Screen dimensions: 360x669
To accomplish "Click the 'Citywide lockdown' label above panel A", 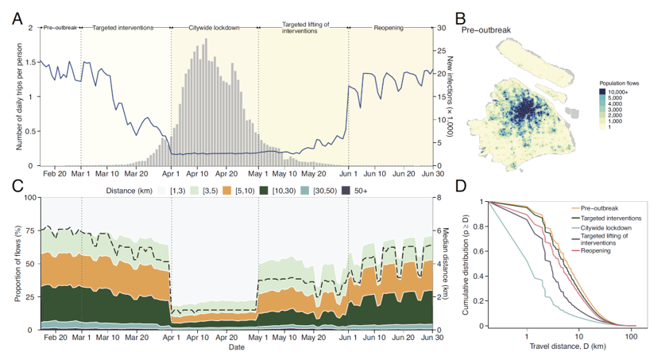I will point(214,28).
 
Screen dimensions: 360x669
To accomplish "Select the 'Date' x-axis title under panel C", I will point(236,348).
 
